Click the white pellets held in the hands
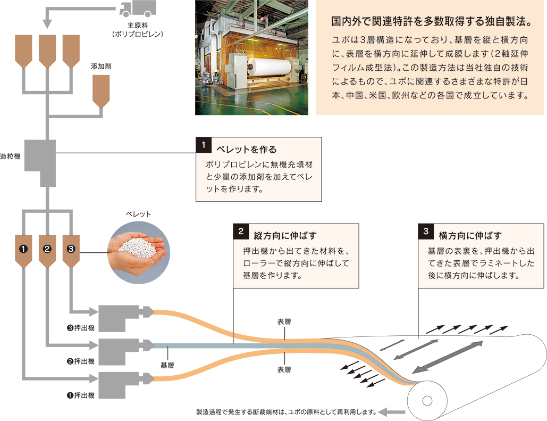[x=137, y=247]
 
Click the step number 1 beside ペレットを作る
[x=203, y=145]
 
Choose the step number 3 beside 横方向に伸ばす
[x=426, y=232]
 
